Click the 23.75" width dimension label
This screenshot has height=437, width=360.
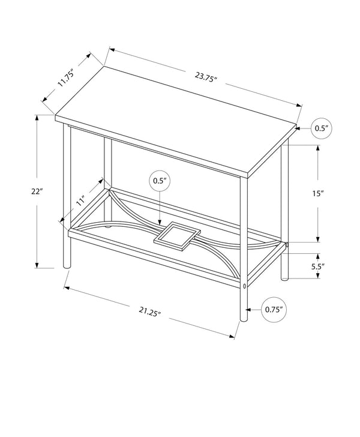point(206,77)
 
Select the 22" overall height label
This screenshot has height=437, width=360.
point(38,191)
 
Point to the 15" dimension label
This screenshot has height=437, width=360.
point(318,193)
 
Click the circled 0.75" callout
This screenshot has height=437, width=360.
point(274,310)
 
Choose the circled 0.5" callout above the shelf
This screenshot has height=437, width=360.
point(159,180)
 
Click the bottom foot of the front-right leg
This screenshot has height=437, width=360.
point(244,316)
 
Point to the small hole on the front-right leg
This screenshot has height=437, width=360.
point(244,286)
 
